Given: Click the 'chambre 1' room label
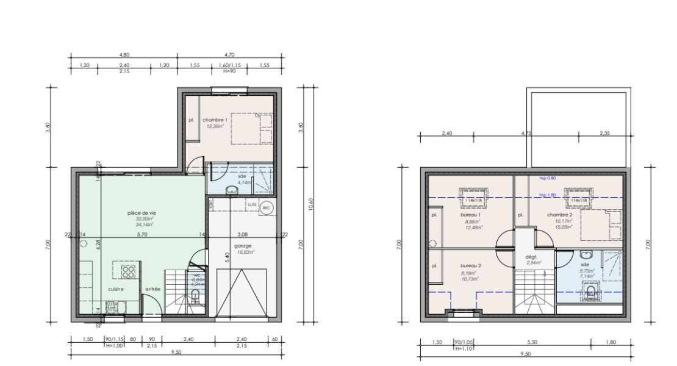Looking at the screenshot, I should tap(215, 120).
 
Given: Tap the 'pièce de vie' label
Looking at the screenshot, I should tap(140, 213).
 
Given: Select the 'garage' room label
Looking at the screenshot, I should tap(243, 246).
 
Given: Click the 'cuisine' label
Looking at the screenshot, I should tap(116, 289).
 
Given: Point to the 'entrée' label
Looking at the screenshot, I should tap(152, 289).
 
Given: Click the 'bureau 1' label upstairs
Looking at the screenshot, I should tap(471, 215).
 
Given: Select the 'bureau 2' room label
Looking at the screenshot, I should tap(471, 266).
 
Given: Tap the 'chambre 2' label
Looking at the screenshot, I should tap(559, 215).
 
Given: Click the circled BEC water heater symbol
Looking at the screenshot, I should tap(266, 207).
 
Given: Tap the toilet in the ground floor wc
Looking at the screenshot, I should tap(195, 297).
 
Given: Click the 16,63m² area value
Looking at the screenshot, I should tap(246, 251).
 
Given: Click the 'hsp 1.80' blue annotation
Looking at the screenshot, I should tap(548, 195).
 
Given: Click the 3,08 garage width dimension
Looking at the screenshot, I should tap(243, 234).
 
